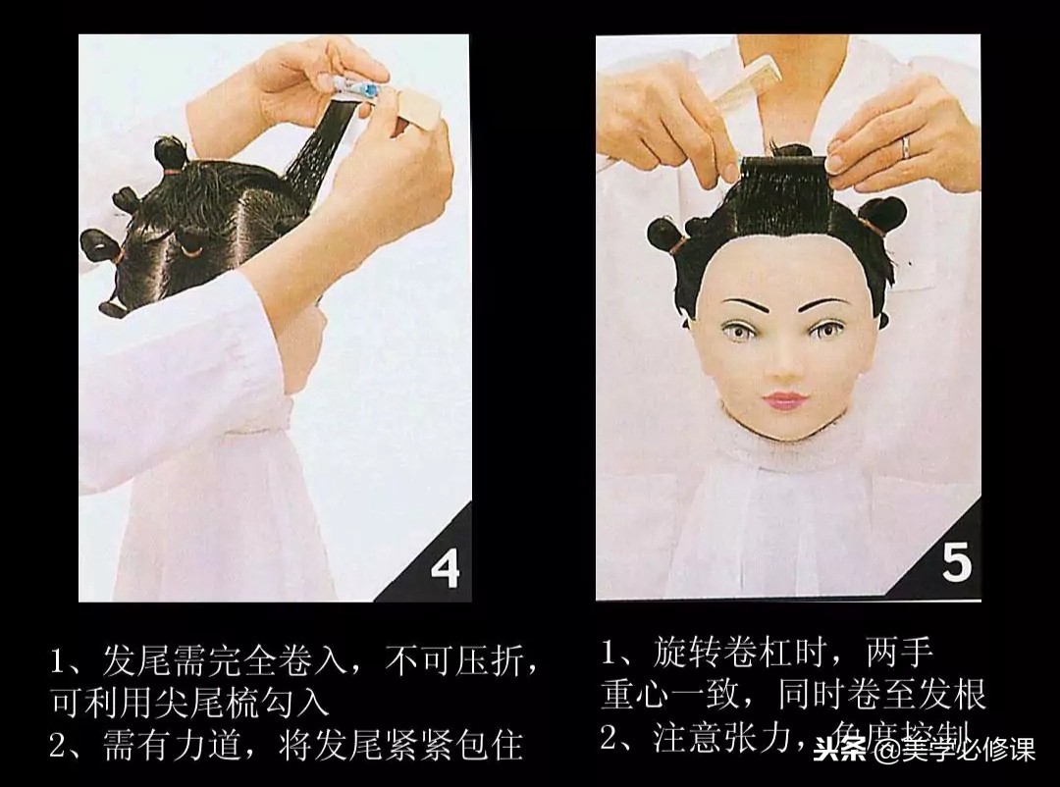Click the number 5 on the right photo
pos(956,562)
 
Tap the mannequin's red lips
pos(785,401)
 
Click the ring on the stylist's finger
pos(905,147)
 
